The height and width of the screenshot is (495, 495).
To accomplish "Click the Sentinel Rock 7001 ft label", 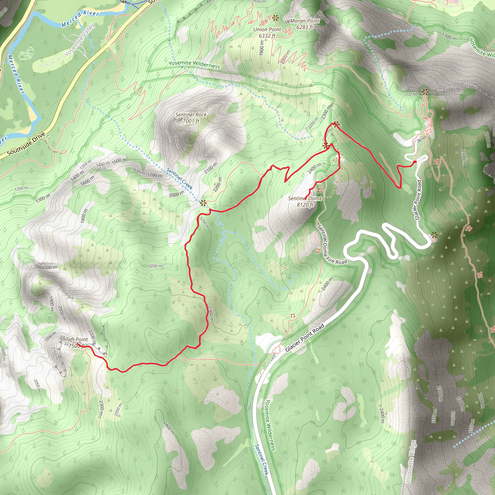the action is [x=191, y=118].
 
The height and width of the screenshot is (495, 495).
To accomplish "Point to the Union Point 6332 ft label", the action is [x=267, y=33].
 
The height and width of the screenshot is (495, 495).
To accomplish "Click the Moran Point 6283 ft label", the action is [x=305, y=24].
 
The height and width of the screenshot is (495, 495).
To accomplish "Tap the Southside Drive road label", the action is [x=26, y=144].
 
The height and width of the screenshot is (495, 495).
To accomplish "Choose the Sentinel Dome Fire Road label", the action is [x=332, y=244].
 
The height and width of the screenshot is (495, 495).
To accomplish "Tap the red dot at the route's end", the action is [x=415, y=162].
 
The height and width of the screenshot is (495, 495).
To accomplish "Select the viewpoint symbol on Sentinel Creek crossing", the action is [x=203, y=203].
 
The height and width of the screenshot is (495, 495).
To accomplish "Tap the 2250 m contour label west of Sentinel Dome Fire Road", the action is [x=155, y=266].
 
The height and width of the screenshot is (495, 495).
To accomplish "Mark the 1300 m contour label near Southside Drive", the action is [x=43, y=198].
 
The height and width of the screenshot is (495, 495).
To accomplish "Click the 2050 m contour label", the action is [x=37, y=386].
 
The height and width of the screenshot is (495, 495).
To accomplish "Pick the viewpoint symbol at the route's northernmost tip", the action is [x=336, y=124].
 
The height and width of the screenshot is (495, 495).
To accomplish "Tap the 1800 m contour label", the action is [x=84, y=216].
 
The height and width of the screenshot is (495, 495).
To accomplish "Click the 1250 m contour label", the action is [x=21, y=188].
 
